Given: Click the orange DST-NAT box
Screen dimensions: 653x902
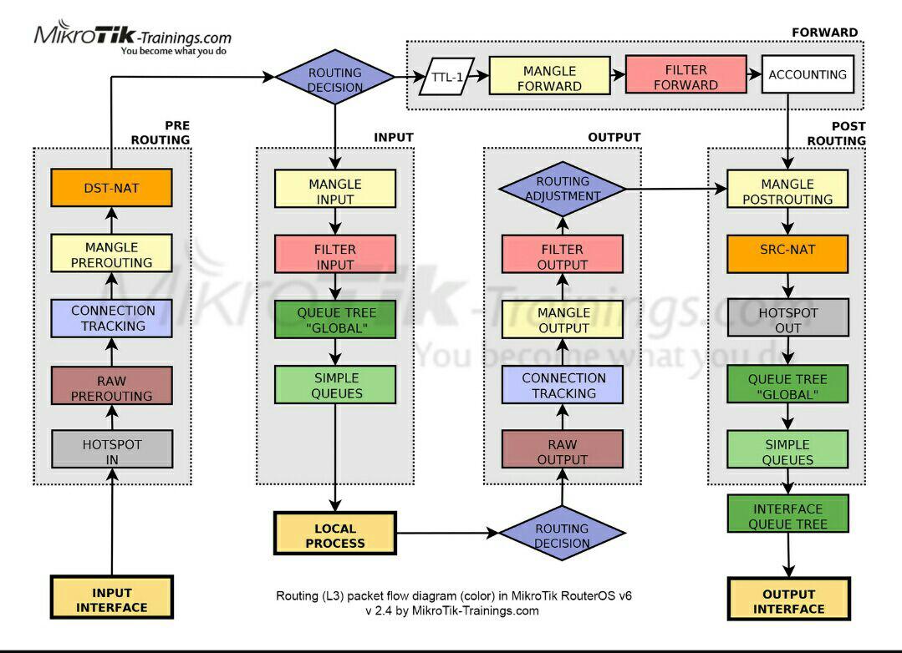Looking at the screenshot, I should pyautogui.click(x=111, y=188).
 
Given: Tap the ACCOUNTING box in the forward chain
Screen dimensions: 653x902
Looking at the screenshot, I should pyautogui.click(x=807, y=74).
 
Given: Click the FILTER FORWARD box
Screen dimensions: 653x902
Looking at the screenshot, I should pyautogui.click(x=685, y=77).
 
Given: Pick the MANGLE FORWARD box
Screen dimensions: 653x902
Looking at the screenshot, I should pyautogui.click(x=552, y=78).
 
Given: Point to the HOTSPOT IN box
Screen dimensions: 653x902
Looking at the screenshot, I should pyautogui.click(x=111, y=452).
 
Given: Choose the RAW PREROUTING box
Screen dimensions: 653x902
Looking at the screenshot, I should pyautogui.click(x=111, y=386).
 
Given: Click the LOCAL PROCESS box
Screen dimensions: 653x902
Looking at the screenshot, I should pyautogui.click(x=335, y=535).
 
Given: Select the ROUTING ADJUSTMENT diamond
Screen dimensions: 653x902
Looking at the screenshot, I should pyautogui.click(x=562, y=189).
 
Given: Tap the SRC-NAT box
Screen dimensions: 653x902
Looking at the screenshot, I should pyautogui.click(x=787, y=252).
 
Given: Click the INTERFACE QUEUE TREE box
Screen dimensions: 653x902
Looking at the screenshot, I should pyautogui.click(x=787, y=516).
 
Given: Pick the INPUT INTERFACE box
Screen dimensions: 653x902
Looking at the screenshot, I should pyautogui.click(x=111, y=600).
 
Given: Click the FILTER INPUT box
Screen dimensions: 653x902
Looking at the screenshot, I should pyautogui.click(x=335, y=256).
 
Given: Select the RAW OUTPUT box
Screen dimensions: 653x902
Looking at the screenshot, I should pyautogui.click(x=562, y=451).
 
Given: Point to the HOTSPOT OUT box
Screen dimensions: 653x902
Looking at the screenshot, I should pyautogui.click(x=787, y=319).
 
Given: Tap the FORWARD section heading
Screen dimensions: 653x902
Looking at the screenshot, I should pyautogui.click(x=824, y=33).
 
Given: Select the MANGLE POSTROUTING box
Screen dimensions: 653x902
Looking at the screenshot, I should pyautogui.click(x=787, y=191).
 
